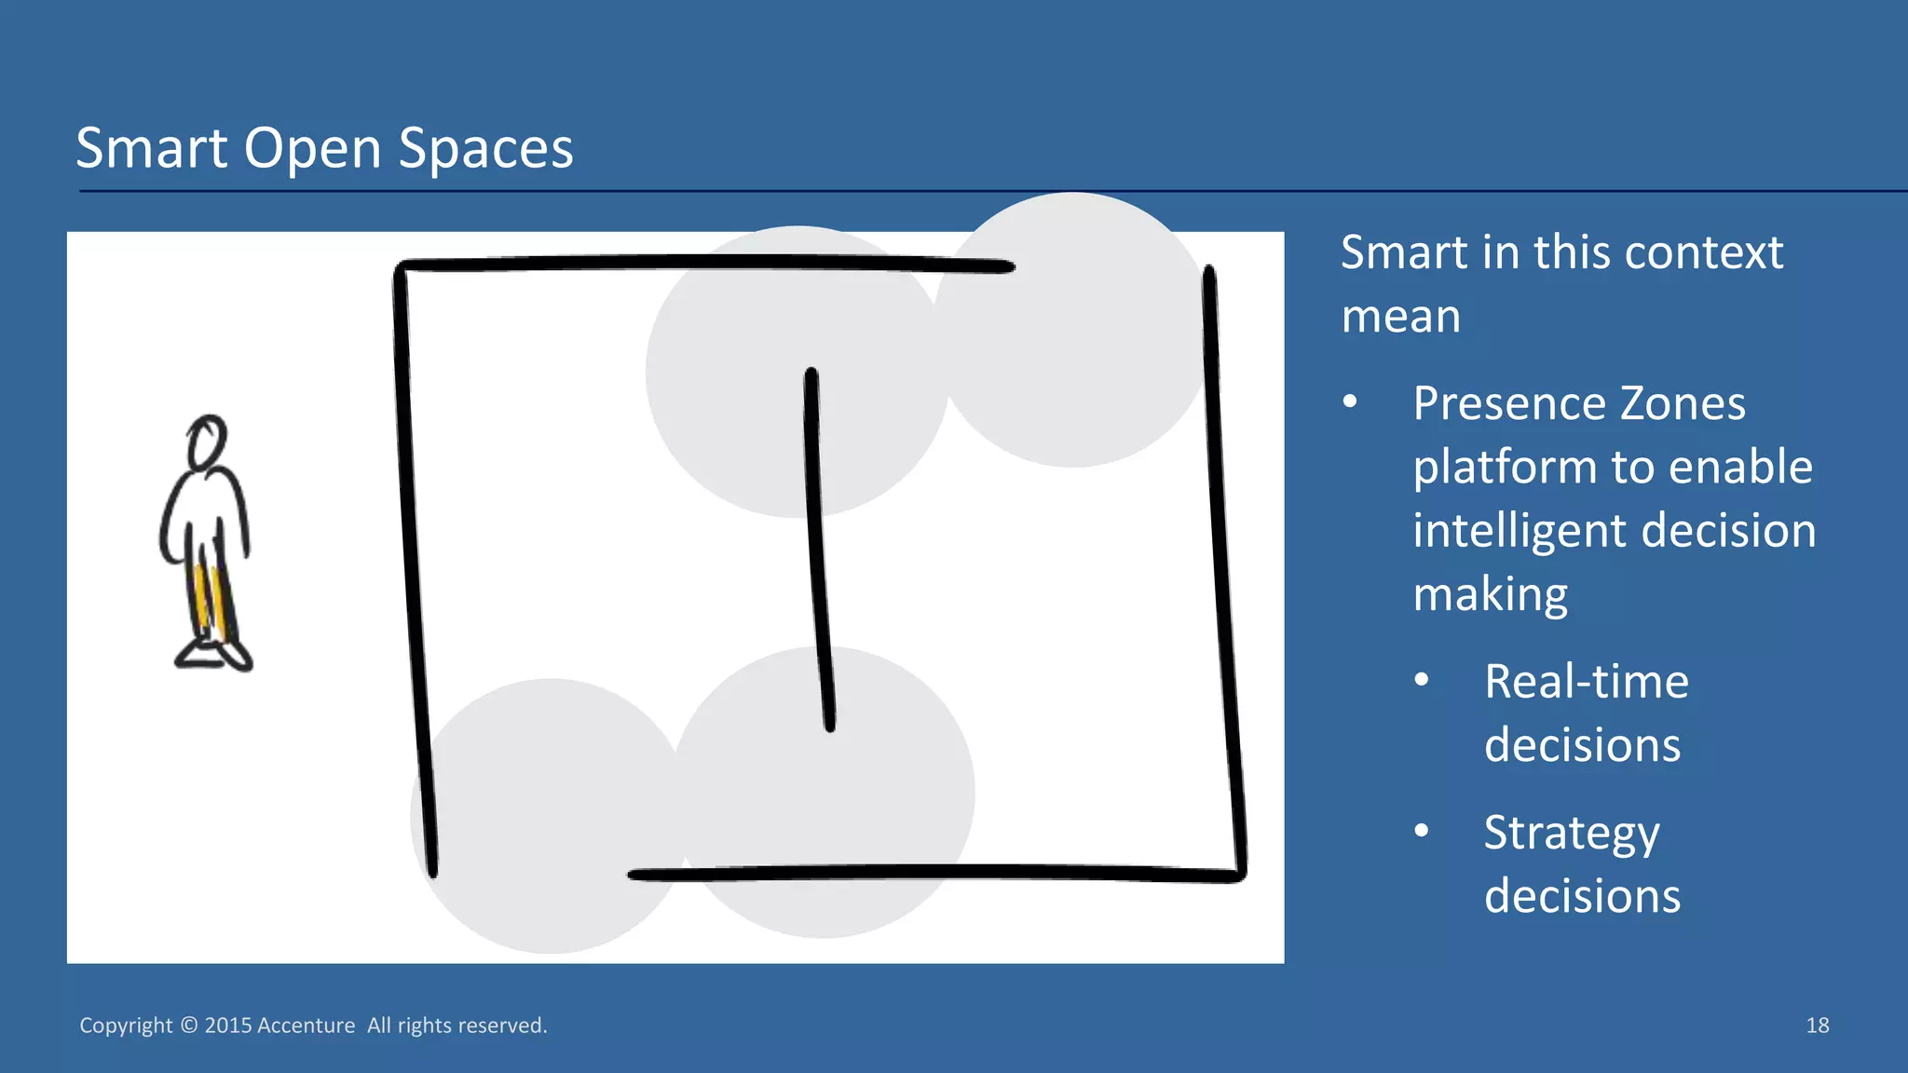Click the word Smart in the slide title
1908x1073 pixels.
tap(151, 148)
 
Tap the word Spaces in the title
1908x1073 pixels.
tap(485, 149)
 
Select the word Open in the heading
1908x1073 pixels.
tap(313, 149)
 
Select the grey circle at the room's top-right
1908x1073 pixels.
tap(1071, 331)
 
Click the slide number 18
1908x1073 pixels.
tap(1817, 1025)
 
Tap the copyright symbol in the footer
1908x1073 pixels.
tap(189, 1025)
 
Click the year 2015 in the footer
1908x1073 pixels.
tap(228, 1025)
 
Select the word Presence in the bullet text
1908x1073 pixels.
tap(1510, 404)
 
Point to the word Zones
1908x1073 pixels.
tap(1683, 404)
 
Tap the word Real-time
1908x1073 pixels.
tap(1587, 681)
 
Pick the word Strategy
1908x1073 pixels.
tap(1572, 833)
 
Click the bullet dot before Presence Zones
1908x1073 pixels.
tap(1350, 402)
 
